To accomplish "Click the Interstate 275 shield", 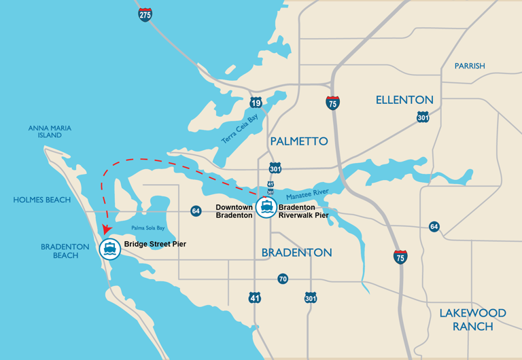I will point(145,14).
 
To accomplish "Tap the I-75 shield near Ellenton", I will point(332,103).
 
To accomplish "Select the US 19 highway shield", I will point(256,103).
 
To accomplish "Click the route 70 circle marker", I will point(283,278).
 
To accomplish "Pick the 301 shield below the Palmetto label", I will point(275,168).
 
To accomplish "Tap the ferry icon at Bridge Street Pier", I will point(109,249).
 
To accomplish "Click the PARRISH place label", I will point(470,66).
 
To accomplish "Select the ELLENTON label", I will point(404,100).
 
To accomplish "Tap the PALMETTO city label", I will point(298,141).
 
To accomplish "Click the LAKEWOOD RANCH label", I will point(472,319).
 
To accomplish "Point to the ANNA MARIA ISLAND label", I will point(50,131).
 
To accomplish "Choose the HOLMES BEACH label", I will point(42,200).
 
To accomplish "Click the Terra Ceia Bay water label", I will point(240,128).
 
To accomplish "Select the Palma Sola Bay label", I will point(147,228).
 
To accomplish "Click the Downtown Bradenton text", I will point(234,211).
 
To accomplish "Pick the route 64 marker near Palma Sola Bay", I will point(196,211).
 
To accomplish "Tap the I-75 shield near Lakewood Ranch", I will point(401,256).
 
